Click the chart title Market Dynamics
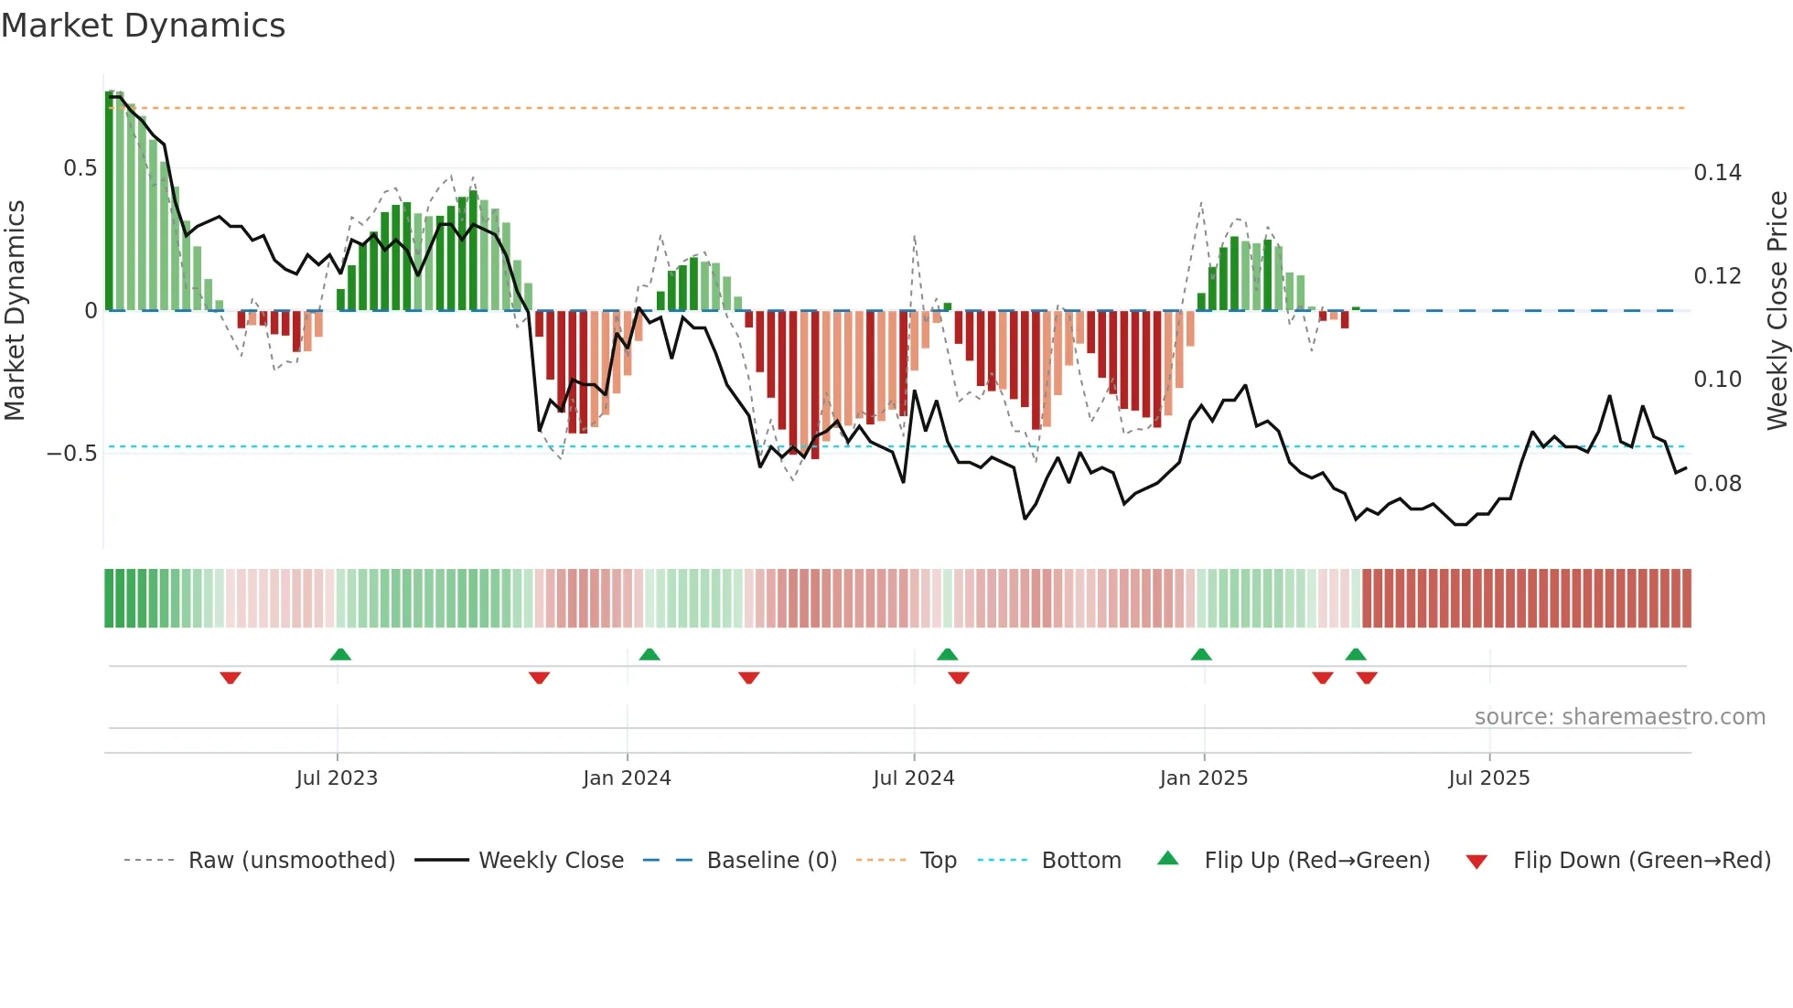click(143, 26)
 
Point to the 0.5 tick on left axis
click(80, 168)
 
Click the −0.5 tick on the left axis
click(71, 454)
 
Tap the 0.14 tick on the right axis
click(1717, 173)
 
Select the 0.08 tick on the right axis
click(1717, 484)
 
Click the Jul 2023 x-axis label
click(337, 778)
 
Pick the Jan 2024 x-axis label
click(627, 778)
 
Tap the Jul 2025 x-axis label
click(1488, 778)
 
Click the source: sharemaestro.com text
click(1619, 717)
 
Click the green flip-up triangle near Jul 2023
click(340, 655)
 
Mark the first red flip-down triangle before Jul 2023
click(231, 678)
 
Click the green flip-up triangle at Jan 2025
click(1201, 655)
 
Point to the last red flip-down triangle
click(1367, 678)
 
